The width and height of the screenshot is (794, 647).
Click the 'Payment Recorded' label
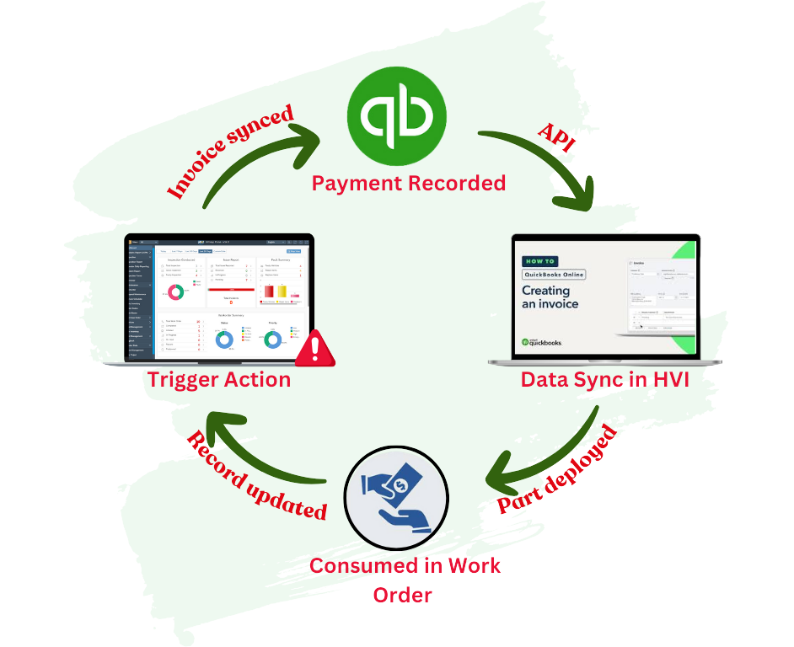coord(409,182)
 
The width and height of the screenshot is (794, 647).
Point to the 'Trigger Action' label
coord(219,379)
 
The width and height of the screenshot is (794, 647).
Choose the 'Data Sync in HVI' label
coord(604,379)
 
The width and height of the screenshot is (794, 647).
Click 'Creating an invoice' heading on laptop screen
coord(551,297)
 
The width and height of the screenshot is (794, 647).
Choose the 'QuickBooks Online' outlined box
coord(553,275)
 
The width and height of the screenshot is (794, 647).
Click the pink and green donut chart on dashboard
coord(176,292)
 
